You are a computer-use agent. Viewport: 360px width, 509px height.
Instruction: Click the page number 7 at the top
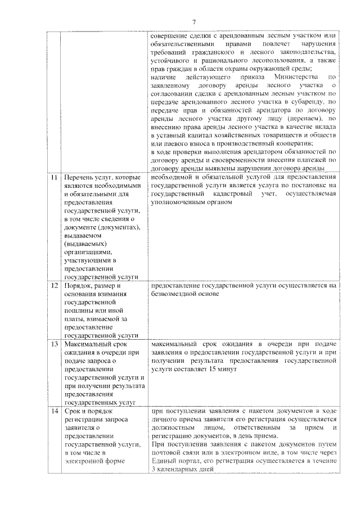tap(193, 22)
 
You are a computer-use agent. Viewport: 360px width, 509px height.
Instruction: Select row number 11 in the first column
tap(55, 178)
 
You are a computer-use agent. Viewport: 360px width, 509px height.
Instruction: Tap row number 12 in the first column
tap(55, 286)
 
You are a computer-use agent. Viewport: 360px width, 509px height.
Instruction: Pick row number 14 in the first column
tap(55, 412)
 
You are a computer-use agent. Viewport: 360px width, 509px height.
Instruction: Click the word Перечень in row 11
tap(80, 178)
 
